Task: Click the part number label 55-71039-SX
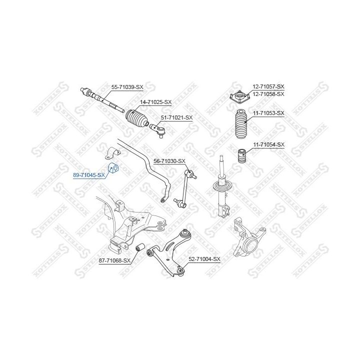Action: (x=127, y=87)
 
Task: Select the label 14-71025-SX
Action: (x=155, y=102)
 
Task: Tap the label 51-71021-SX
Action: (x=176, y=117)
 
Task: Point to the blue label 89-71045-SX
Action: (x=89, y=175)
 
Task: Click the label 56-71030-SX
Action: (x=169, y=161)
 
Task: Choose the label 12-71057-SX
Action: (x=268, y=86)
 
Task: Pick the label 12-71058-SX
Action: (x=268, y=94)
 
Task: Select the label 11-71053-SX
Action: (x=268, y=113)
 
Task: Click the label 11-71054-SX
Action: (x=268, y=144)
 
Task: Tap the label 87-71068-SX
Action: (x=114, y=260)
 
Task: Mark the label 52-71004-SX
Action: (x=204, y=259)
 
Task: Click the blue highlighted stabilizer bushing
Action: (x=113, y=167)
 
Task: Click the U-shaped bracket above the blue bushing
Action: (x=113, y=152)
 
